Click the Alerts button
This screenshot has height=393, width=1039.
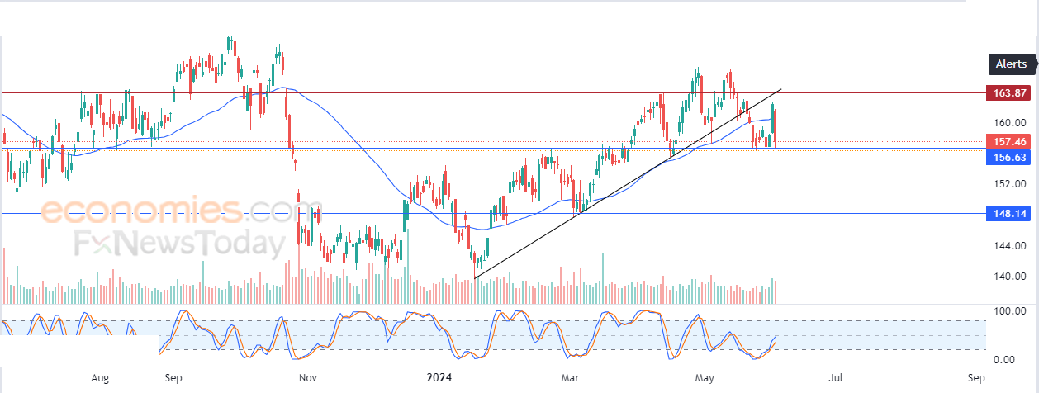click(1012, 64)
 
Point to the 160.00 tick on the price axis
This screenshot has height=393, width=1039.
click(1008, 122)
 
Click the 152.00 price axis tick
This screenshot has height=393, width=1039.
click(1008, 183)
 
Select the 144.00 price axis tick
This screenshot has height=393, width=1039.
click(1008, 245)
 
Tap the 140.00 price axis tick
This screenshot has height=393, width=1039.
click(1008, 276)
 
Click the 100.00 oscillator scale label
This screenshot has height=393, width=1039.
click(1008, 311)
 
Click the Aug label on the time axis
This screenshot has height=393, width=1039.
click(100, 378)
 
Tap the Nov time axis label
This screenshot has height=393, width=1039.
click(307, 378)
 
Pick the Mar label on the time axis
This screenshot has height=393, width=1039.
click(570, 378)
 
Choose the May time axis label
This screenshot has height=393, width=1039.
click(704, 378)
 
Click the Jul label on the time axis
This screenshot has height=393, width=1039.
click(837, 378)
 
